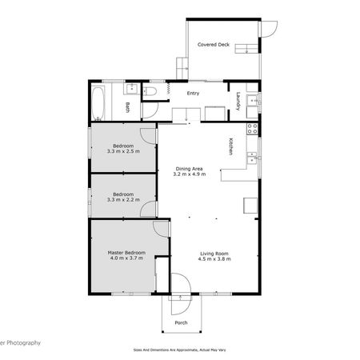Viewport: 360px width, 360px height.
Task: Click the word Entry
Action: click(192, 94)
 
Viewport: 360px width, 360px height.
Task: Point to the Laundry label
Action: click(238, 102)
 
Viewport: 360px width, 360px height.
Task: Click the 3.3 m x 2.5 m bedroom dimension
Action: click(122, 150)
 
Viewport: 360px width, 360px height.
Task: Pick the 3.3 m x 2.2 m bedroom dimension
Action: click(122, 199)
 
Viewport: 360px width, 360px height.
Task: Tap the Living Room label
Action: click(214, 254)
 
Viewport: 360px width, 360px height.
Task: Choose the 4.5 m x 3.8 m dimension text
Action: click(214, 260)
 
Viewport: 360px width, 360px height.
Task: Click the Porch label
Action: click(181, 323)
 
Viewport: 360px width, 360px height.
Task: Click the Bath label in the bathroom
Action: click(127, 107)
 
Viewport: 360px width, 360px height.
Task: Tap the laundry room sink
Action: click(252, 101)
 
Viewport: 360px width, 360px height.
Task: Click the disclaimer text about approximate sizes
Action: click(180, 350)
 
